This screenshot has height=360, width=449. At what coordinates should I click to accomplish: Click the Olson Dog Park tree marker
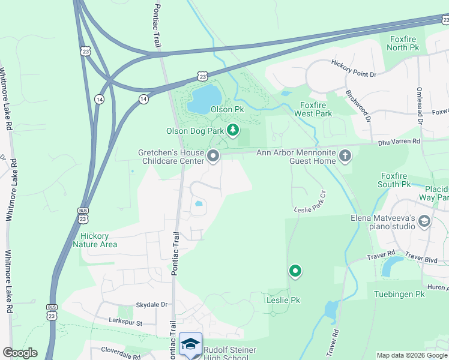pos(232,130)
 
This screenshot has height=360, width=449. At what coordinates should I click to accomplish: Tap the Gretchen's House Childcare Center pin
pos(213,157)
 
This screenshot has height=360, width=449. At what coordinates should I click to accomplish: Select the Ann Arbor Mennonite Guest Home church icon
pos(345,157)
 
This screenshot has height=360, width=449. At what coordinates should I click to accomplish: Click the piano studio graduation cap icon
pos(424,221)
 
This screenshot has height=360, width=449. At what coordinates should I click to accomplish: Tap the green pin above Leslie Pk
pos(295,271)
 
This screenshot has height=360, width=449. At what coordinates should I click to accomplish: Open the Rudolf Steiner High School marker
pos(191,344)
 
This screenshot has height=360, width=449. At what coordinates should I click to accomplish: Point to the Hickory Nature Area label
pos(95,240)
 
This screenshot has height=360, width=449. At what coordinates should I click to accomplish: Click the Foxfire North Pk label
pos(402,43)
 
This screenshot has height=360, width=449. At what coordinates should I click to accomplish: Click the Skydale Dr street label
pos(151,305)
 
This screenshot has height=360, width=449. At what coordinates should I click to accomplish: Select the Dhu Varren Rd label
pos(399,142)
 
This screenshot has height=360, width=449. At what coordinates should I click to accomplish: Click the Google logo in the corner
pos(20,353)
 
